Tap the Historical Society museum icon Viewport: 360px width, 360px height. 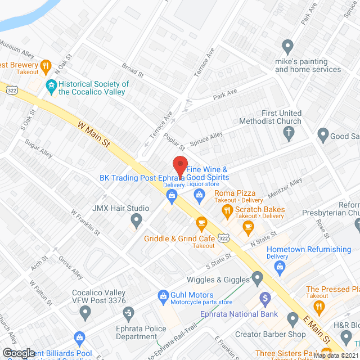(51, 87)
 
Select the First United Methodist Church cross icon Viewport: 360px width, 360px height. (288, 133)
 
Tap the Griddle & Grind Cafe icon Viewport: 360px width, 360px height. (201, 224)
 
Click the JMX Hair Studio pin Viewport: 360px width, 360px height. (135, 221)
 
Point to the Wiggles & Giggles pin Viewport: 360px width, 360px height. (258, 277)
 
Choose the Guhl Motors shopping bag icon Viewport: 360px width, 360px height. (163, 295)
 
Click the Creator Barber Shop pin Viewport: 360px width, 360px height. (292, 319)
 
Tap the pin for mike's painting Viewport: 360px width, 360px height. (288, 46)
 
